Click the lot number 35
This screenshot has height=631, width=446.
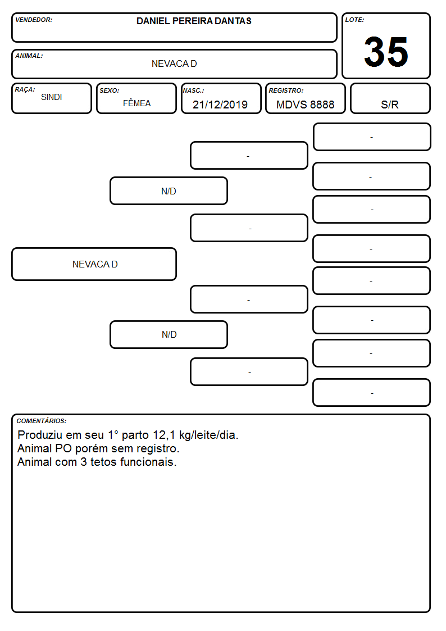click(386, 52)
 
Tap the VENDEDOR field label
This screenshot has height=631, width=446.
click(34, 20)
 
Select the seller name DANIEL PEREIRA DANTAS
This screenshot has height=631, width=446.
click(194, 21)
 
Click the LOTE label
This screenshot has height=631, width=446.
click(354, 20)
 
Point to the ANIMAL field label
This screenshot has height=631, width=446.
click(29, 56)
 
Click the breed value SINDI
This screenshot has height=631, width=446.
click(52, 97)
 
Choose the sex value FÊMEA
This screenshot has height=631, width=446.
click(136, 103)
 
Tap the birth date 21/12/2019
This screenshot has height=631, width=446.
click(220, 105)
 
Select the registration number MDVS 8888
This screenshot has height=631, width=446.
click(305, 105)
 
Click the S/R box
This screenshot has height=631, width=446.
click(390, 98)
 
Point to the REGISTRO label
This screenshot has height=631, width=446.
click(286, 90)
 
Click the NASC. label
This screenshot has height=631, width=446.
click(193, 90)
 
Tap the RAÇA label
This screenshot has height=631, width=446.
click(25, 89)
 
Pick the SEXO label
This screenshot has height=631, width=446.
click(110, 90)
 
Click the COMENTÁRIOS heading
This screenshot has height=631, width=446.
click(42, 421)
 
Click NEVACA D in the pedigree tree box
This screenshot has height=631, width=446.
click(95, 264)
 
